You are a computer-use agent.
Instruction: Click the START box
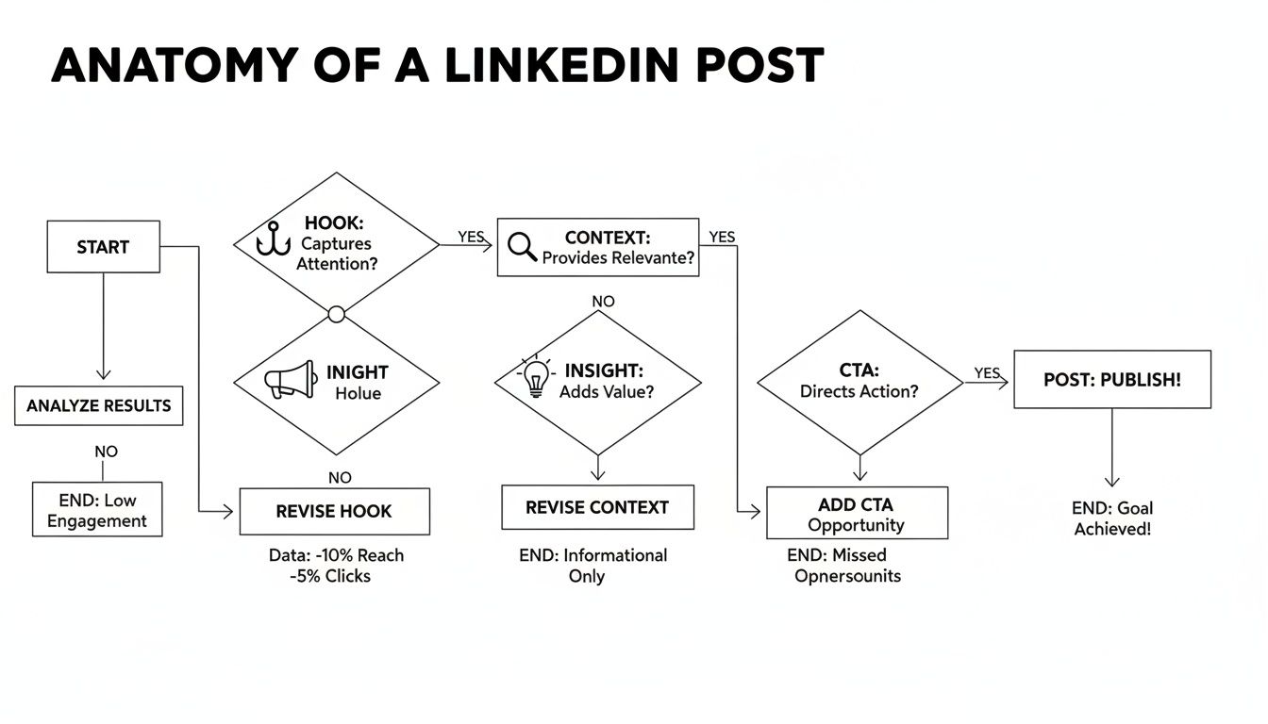pos(103,247)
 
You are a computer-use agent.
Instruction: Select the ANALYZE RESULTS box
pos(99,406)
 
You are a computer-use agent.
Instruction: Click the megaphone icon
pos(289,379)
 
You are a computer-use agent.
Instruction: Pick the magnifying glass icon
pos(522,247)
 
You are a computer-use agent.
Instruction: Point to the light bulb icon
pos(536,378)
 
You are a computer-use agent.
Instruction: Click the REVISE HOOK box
pos(334,512)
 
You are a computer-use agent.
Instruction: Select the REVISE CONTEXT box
pos(597,508)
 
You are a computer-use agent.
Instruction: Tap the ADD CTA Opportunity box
pos(857,514)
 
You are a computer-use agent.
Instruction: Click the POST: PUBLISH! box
pos(1111,380)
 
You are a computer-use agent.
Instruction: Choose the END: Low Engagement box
pos(97,510)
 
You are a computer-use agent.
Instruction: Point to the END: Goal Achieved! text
pos(1112,518)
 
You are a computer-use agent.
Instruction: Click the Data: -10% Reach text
pos(336,555)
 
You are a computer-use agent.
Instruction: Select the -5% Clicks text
pos(330,576)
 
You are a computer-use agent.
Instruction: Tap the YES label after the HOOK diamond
pos(471,237)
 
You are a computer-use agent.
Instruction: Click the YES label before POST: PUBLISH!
pos(986,373)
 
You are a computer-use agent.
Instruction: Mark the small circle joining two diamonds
pos(336,313)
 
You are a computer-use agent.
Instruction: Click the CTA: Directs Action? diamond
pos(859,382)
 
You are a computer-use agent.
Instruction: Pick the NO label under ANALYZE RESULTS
pos(106,452)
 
